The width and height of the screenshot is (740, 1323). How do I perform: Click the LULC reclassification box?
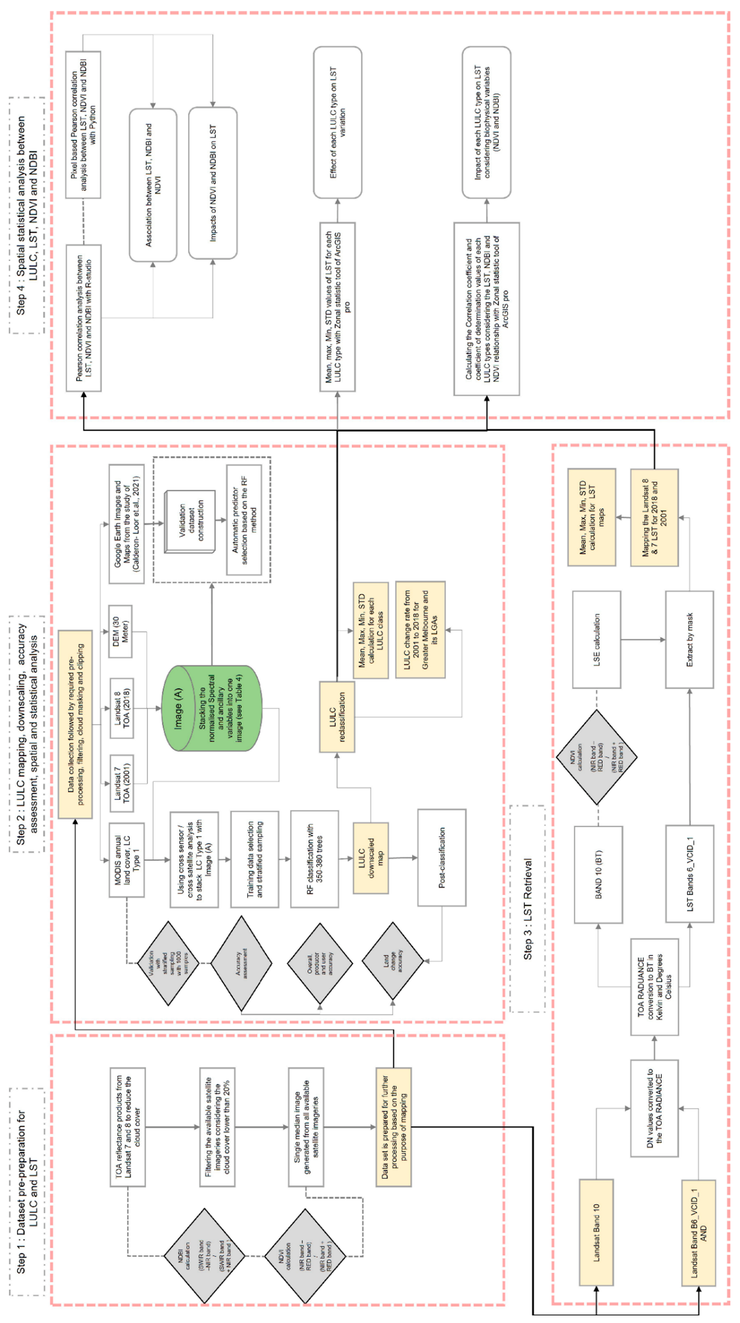coord(337,717)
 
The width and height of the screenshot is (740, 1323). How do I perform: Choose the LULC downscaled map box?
coord(370,858)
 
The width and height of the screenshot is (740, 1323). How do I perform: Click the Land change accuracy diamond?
coord(393,960)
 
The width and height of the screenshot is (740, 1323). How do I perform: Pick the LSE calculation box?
coord(596,639)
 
